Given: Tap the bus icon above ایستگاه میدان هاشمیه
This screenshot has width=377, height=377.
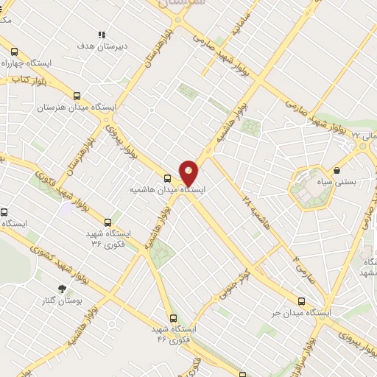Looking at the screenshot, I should (168, 178).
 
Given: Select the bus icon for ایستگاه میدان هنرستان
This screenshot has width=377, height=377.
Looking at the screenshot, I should (77, 96).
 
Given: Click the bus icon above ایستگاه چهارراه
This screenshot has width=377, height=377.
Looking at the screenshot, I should (14, 52).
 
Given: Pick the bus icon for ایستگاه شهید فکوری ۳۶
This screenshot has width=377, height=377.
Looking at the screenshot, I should (108, 222).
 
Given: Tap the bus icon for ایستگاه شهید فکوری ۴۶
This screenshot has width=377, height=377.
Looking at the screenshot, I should (173, 318).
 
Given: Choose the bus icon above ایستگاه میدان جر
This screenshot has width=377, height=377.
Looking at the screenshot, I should (301, 301).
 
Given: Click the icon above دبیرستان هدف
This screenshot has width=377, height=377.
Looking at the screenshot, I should (102, 35).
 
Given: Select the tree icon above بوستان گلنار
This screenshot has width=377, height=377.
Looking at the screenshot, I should (62, 289).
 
